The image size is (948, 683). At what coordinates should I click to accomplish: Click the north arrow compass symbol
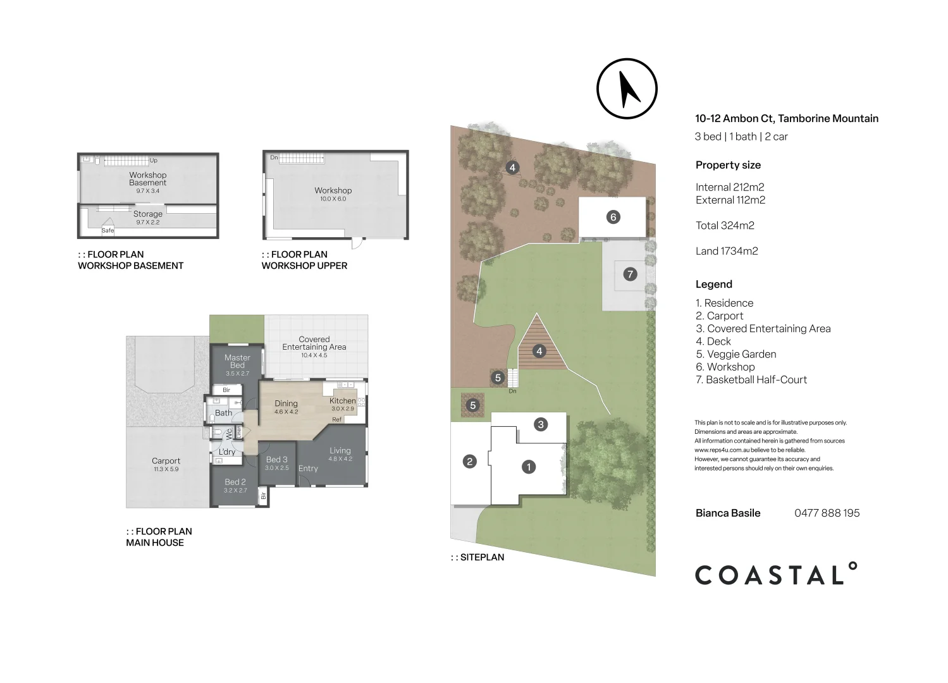pos(627,89)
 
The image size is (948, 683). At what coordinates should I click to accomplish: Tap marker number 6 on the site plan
pos(612,217)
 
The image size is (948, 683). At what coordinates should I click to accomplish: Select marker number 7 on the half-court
pos(630,274)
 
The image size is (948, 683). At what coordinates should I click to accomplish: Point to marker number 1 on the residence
pos(528,467)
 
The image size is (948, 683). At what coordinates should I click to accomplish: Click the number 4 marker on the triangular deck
pos(539,351)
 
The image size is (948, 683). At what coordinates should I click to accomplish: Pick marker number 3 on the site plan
pos(540,424)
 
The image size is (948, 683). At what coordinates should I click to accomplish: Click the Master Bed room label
pos(237,361)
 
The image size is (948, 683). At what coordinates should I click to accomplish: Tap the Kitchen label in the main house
pos(343,400)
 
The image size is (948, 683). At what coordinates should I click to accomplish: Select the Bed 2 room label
pos(235,482)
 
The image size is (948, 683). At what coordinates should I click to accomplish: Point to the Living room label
pos(340,451)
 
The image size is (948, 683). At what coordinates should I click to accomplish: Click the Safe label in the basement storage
pos(108,230)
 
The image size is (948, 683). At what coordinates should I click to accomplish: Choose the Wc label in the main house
pos(229,434)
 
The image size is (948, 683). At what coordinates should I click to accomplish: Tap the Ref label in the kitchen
pos(336,419)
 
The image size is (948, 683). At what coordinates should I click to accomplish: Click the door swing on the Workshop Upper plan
pos(359,243)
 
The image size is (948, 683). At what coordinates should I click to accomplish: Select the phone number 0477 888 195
pos(827,513)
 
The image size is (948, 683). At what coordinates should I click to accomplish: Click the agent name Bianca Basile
pos(728,513)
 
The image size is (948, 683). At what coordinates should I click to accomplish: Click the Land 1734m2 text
pos(727,251)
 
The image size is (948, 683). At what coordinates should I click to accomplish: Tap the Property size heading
pos(728,165)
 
